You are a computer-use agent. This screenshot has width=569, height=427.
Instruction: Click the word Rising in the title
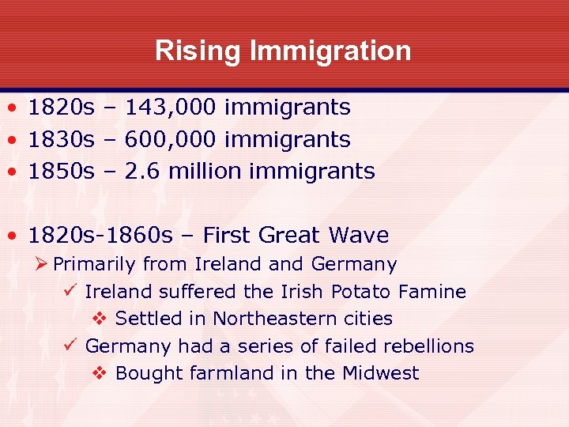point(198,51)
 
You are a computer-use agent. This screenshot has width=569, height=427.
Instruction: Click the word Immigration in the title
point(330,51)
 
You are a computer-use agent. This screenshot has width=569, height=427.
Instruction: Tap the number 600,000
point(170,139)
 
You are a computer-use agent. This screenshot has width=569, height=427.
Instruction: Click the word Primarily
point(94,264)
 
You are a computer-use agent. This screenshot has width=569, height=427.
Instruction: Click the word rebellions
point(428,346)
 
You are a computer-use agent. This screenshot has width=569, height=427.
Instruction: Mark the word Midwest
point(380,373)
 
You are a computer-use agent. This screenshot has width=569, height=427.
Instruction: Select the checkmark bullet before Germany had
point(69,346)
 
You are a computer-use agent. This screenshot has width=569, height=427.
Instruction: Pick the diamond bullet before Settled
point(100,319)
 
